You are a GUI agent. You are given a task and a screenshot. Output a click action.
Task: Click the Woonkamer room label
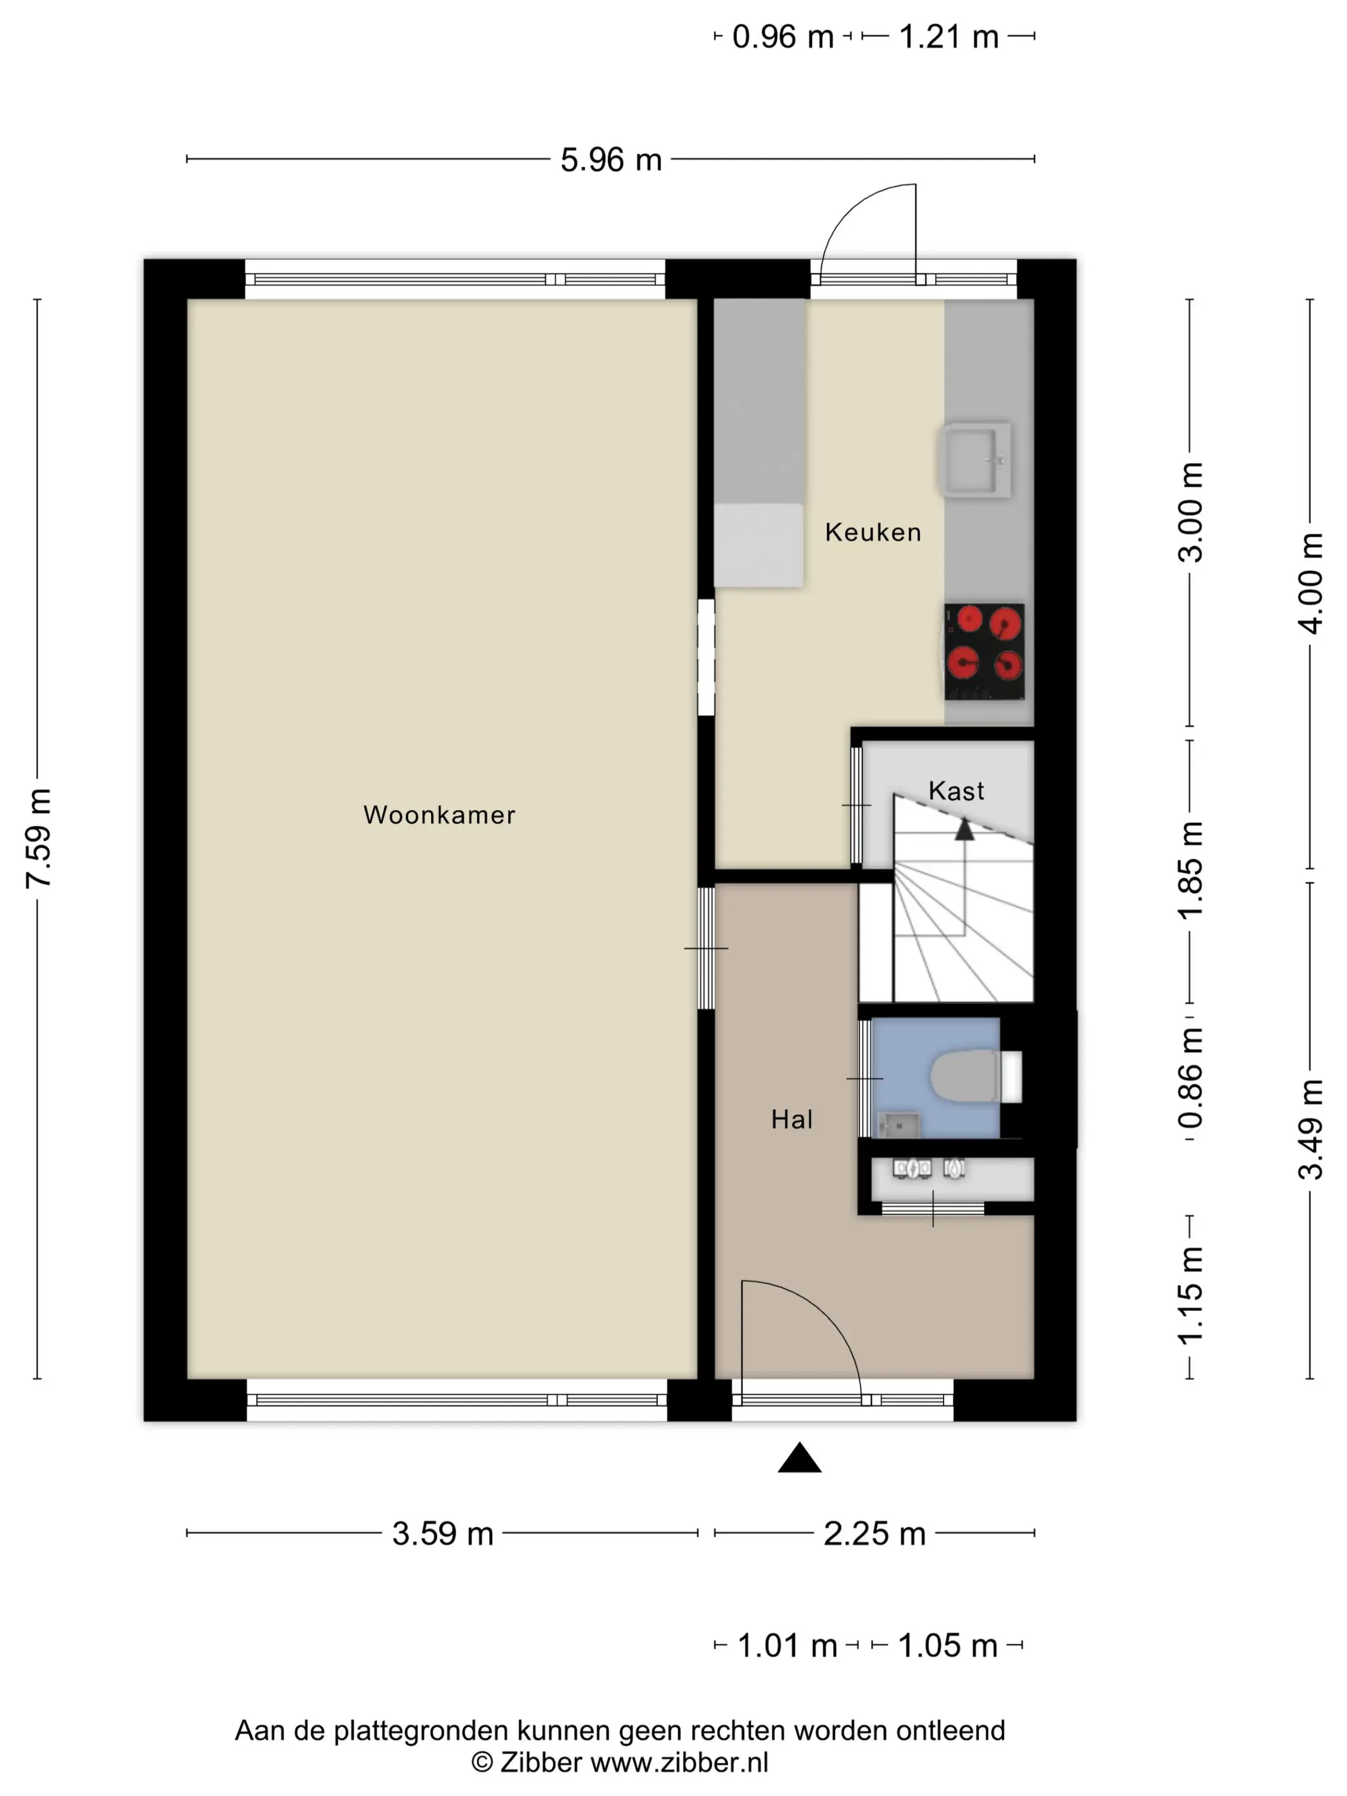click(439, 815)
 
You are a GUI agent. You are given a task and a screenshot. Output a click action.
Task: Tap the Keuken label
click(873, 532)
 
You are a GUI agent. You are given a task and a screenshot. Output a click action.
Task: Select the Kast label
click(956, 790)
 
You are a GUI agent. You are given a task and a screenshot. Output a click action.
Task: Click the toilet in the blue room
click(975, 1076)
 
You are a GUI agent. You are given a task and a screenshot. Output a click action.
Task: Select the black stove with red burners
click(984, 651)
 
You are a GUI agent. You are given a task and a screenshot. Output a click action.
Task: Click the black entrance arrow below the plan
click(800, 1457)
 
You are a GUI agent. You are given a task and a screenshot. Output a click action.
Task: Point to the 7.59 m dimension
click(38, 838)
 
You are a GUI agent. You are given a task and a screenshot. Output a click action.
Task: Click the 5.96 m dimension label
click(611, 160)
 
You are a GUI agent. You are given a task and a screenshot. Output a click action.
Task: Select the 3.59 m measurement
click(443, 1534)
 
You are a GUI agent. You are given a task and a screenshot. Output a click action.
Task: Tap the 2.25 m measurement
click(874, 1534)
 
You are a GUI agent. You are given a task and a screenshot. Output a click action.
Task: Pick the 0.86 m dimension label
click(1190, 1078)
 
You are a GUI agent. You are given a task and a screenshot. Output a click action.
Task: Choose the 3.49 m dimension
click(1310, 1128)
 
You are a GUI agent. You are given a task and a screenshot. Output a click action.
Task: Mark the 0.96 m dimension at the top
click(783, 37)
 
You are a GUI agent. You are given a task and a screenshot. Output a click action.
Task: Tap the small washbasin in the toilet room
click(898, 1125)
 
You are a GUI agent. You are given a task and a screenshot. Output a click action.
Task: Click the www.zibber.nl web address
click(679, 1762)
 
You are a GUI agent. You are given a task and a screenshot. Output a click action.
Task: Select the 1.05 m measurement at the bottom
click(947, 1646)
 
